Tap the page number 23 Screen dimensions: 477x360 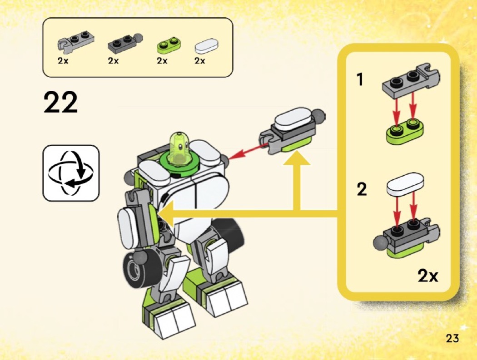pos(452,338)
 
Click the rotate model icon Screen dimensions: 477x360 pos(71,173)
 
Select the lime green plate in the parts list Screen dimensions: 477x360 pos(169,44)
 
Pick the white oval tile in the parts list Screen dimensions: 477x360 pos(206,45)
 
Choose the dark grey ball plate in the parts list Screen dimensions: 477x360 pos(125,42)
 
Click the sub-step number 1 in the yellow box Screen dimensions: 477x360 pos(360,79)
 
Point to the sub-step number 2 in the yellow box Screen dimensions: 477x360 pos(362,189)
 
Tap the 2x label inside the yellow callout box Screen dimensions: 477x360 pos(428,276)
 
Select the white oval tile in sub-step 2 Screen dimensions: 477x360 pos(405,184)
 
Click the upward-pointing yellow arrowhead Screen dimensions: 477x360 pos(297,158)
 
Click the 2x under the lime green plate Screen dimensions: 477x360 pos(162,60)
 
